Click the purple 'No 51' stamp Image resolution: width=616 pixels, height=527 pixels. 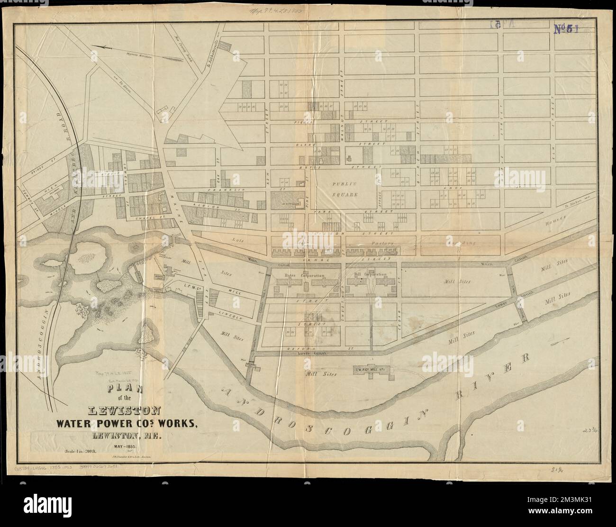click(x=566, y=29)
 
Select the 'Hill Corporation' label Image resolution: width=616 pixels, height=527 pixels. click(x=371, y=274)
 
